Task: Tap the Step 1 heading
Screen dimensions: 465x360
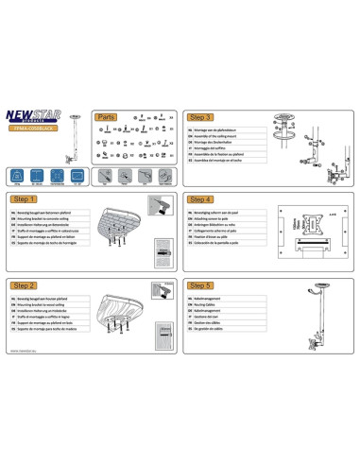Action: pos(25,200)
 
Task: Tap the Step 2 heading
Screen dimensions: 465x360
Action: pos(25,284)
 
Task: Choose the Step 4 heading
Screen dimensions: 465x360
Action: pos(201,200)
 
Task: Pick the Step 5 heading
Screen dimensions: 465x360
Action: pos(201,284)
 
